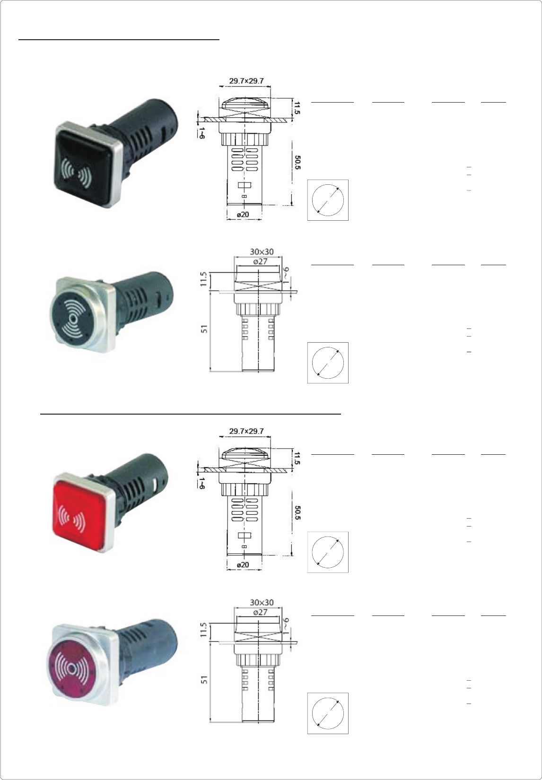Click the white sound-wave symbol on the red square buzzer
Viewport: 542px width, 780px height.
71,521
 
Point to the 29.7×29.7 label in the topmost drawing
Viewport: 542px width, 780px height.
246,81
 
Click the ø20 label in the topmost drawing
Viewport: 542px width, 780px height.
243,214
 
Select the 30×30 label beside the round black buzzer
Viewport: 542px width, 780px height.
262,252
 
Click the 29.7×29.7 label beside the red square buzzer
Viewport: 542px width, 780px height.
246,431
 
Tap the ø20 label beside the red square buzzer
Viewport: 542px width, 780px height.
243,564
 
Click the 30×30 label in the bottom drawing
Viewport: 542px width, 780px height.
262,603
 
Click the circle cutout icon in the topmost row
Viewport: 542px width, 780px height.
328,200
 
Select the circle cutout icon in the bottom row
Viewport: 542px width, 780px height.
328,713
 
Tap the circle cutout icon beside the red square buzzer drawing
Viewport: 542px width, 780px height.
328,552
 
